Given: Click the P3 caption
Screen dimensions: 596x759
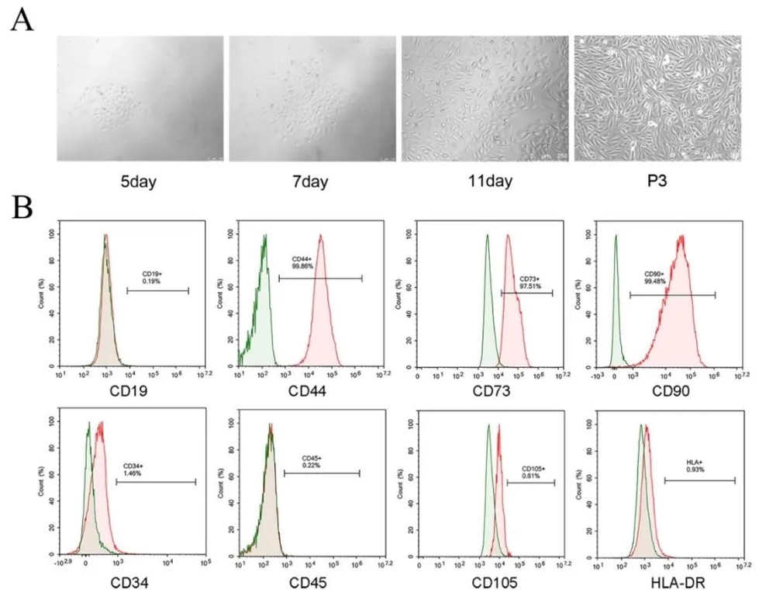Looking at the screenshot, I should tap(658, 182).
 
